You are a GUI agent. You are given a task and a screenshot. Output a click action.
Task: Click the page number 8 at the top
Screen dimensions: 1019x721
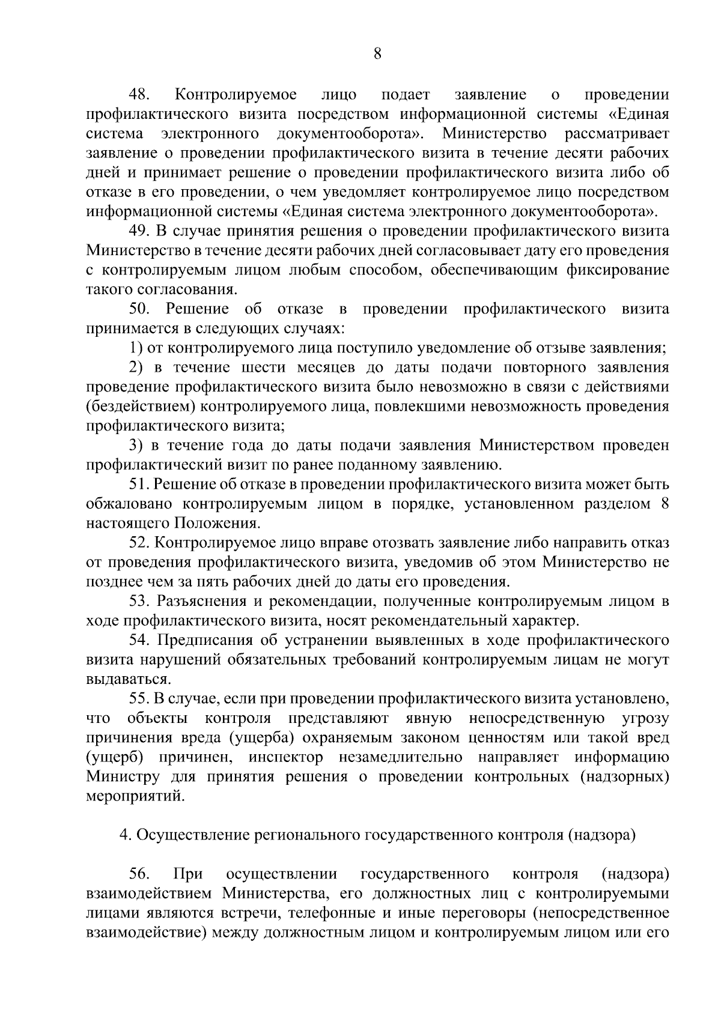point(377,55)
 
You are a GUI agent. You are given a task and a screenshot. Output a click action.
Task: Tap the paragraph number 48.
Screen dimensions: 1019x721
point(142,95)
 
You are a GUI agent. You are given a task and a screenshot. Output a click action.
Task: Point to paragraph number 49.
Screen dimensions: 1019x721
point(140,231)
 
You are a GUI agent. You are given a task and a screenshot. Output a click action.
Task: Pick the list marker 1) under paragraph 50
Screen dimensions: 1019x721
point(136,348)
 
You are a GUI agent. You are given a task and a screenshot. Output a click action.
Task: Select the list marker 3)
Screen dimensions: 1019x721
point(136,446)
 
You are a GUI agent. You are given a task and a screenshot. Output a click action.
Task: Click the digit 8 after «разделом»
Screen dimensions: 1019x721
point(665,504)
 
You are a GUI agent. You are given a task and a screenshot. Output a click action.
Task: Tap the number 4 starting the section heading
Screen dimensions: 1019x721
point(124,836)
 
